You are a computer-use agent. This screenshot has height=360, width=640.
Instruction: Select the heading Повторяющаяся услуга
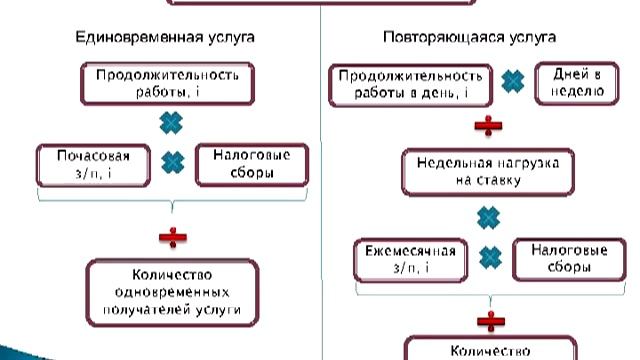(x=469, y=37)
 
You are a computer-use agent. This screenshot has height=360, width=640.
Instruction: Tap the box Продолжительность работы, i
(x=167, y=82)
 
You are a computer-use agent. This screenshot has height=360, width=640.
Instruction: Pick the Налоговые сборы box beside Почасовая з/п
(x=243, y=165)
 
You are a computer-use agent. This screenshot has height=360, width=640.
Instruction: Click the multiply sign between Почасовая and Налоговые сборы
(x=173, y=161)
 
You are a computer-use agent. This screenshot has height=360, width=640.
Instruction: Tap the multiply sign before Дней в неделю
(x=513, y=81)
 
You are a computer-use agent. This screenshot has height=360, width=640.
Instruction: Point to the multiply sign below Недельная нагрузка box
(x=487, y=217)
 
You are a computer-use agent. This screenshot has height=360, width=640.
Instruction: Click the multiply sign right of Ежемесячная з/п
(x=488, y=256)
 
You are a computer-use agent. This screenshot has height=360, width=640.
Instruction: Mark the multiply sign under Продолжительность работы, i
(x=171, y=122)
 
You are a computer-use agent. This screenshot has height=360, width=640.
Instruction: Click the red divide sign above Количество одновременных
(x=171, y=237)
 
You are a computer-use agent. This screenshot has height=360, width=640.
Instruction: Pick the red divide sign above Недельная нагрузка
(x=487, y=126)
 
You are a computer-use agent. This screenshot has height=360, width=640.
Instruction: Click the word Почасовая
(x=92, y=158)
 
